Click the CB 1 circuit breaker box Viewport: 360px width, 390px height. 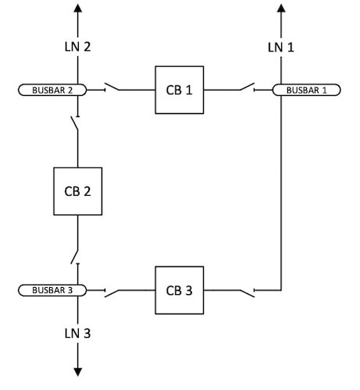pyautogui.click(x=179, y=90)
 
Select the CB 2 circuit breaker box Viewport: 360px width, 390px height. pyautogui.click(x=77, y=190)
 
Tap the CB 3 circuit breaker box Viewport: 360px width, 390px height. pyautogui.click(x=179, y=291)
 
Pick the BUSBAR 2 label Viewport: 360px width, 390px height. pyautogui.click(x=52, y=90)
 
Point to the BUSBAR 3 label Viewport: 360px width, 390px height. pyautogui.click(x=52, y=291)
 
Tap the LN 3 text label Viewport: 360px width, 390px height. pyautogui.click(x=77, y=334)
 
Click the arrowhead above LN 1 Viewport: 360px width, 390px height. pyautogui.click(x=280, y=9)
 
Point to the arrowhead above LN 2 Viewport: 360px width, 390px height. pyautogui.click(x=77, y=9)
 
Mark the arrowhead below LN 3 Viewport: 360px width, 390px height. pyautogui.click(x=77, y=370)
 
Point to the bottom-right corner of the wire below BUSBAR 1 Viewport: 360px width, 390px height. pyautogui.click(x=280, y=291)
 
